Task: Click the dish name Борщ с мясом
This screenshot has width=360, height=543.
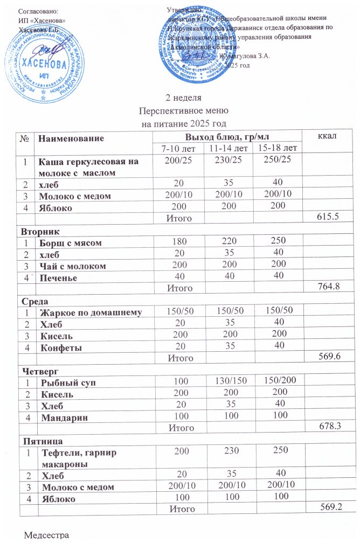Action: [x=70, y=243]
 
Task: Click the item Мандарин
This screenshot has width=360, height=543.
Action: [x=64, y=417]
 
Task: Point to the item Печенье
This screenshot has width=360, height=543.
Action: [x=60, y=278]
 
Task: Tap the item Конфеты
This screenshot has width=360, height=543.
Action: [x=61, y=347]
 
